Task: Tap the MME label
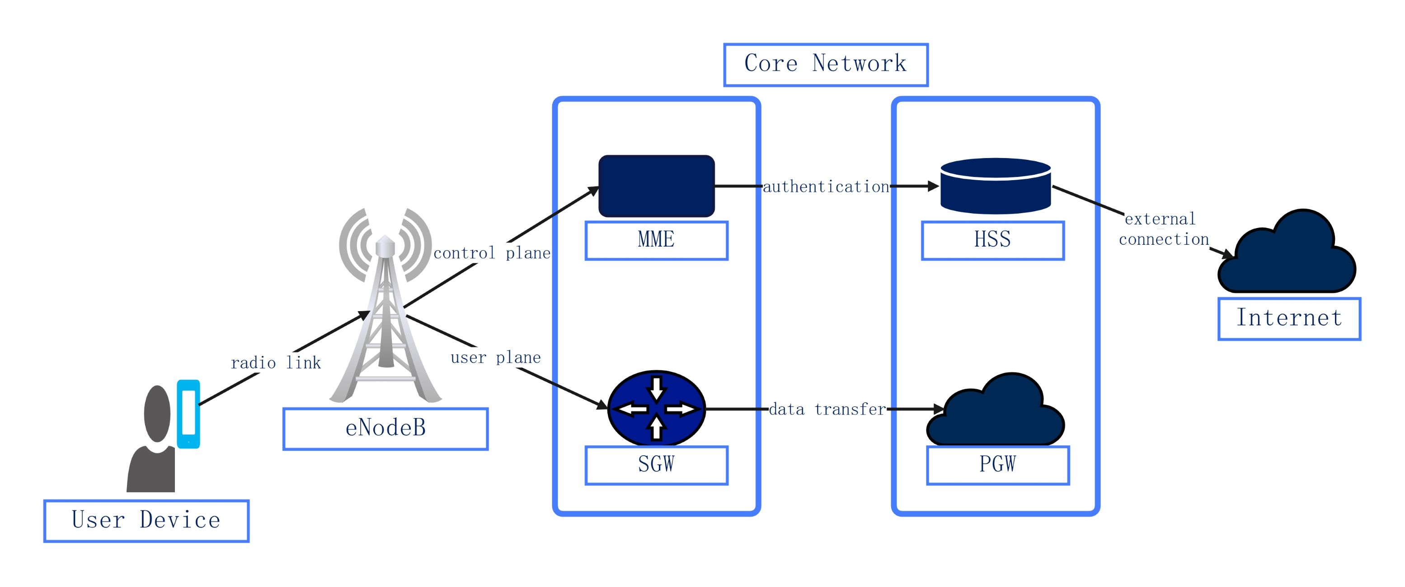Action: (656, 240)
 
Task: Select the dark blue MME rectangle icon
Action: (656, 186)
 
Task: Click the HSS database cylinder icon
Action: (996, 186)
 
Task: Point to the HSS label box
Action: (993, 240)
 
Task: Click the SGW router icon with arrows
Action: (656, 408)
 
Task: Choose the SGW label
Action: (656, 464)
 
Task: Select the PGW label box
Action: (997, 464)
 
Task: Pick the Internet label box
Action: (1289, 318)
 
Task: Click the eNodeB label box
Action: (385, 429)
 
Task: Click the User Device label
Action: (146, 521)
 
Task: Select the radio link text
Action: (275, 363)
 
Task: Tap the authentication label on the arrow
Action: (826, 187)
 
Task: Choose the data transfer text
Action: (827, 409)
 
